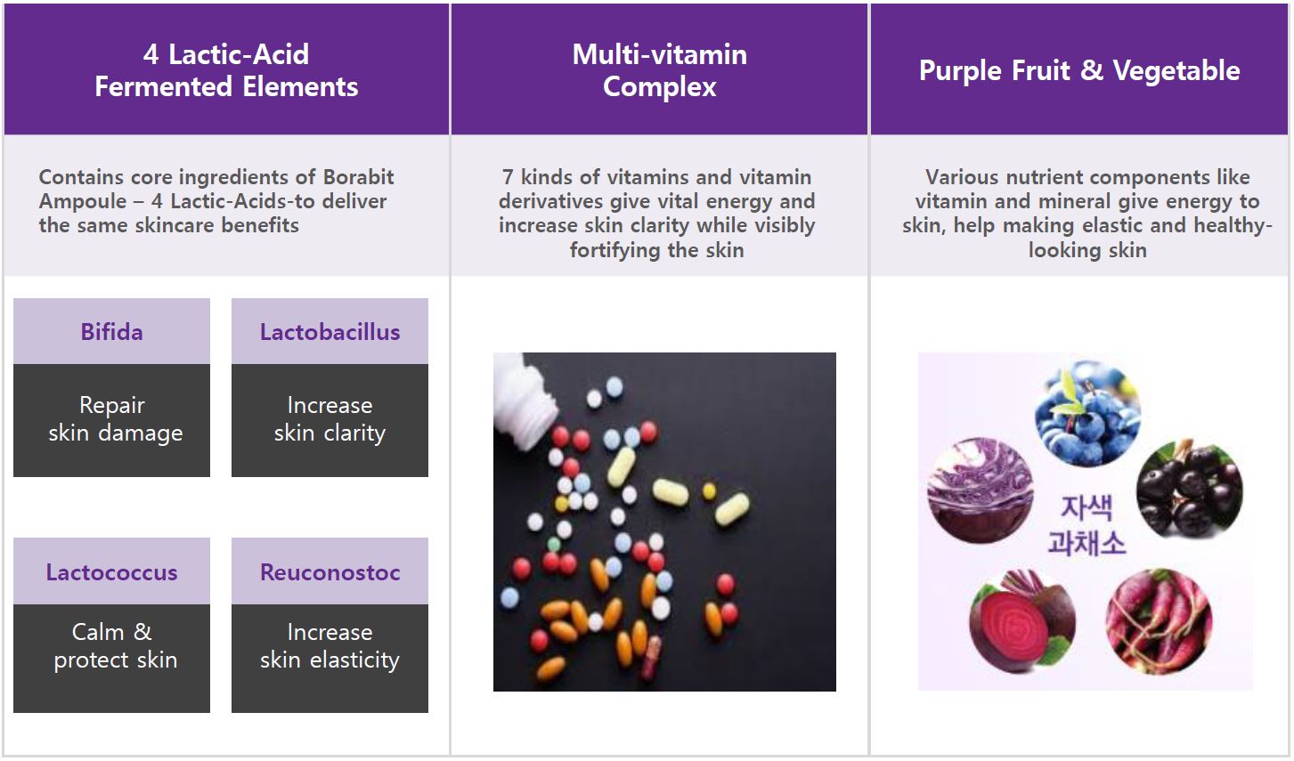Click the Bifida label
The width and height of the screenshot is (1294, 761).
111,332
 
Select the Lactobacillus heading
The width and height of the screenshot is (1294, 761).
330,332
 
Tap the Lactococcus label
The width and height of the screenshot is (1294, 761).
111,572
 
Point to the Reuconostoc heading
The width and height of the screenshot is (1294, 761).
330,572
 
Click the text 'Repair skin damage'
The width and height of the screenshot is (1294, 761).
115,419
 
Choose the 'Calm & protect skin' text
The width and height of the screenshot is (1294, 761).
115,646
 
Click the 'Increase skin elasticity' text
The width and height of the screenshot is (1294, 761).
330,646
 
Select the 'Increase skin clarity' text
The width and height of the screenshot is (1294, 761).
330,419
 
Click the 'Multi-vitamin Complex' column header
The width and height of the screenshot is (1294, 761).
660,70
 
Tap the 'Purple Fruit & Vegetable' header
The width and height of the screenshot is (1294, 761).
1079,70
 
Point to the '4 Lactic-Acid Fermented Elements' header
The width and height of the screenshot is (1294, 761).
226,70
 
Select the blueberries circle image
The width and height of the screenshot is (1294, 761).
1087,413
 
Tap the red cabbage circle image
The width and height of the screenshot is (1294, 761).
980,490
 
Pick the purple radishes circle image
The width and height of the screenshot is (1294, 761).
1159,622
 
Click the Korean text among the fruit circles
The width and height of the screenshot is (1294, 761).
1086,525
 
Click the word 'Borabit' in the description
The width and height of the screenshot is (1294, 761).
358,177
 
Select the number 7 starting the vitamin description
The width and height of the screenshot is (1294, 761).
508,177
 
